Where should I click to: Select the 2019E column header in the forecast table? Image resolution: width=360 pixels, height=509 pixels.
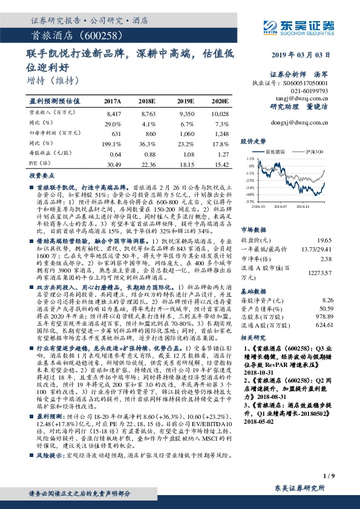(186, 101)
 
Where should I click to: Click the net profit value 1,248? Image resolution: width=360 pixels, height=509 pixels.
(221, 133)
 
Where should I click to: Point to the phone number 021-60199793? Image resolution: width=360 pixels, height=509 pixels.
(312, 90)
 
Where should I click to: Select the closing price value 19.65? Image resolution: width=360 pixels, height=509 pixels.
(327, 222)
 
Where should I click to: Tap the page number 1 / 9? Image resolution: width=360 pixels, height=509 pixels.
(329, 478)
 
